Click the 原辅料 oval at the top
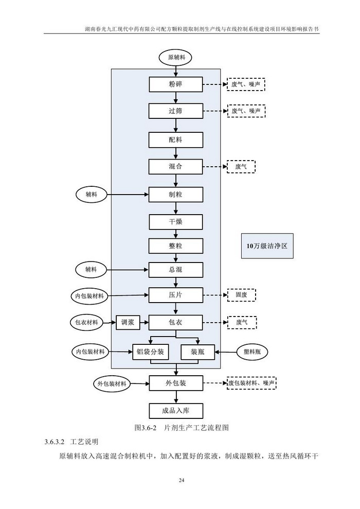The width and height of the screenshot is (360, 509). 176,57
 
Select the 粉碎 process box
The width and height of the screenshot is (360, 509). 176,84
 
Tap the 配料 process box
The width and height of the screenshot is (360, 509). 176,139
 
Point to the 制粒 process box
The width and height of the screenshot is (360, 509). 176,195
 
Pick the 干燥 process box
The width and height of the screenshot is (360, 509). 176,222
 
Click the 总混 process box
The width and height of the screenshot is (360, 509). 176,269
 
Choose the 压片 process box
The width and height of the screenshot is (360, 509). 176,295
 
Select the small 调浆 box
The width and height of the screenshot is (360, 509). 128,323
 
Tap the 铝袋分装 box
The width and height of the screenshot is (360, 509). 150,352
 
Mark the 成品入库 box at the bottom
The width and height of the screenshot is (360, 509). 176,411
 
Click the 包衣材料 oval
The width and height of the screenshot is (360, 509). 86,323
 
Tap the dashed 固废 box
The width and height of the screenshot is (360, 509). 241,295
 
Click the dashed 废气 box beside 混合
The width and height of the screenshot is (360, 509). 241,167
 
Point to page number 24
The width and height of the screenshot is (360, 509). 181,481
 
